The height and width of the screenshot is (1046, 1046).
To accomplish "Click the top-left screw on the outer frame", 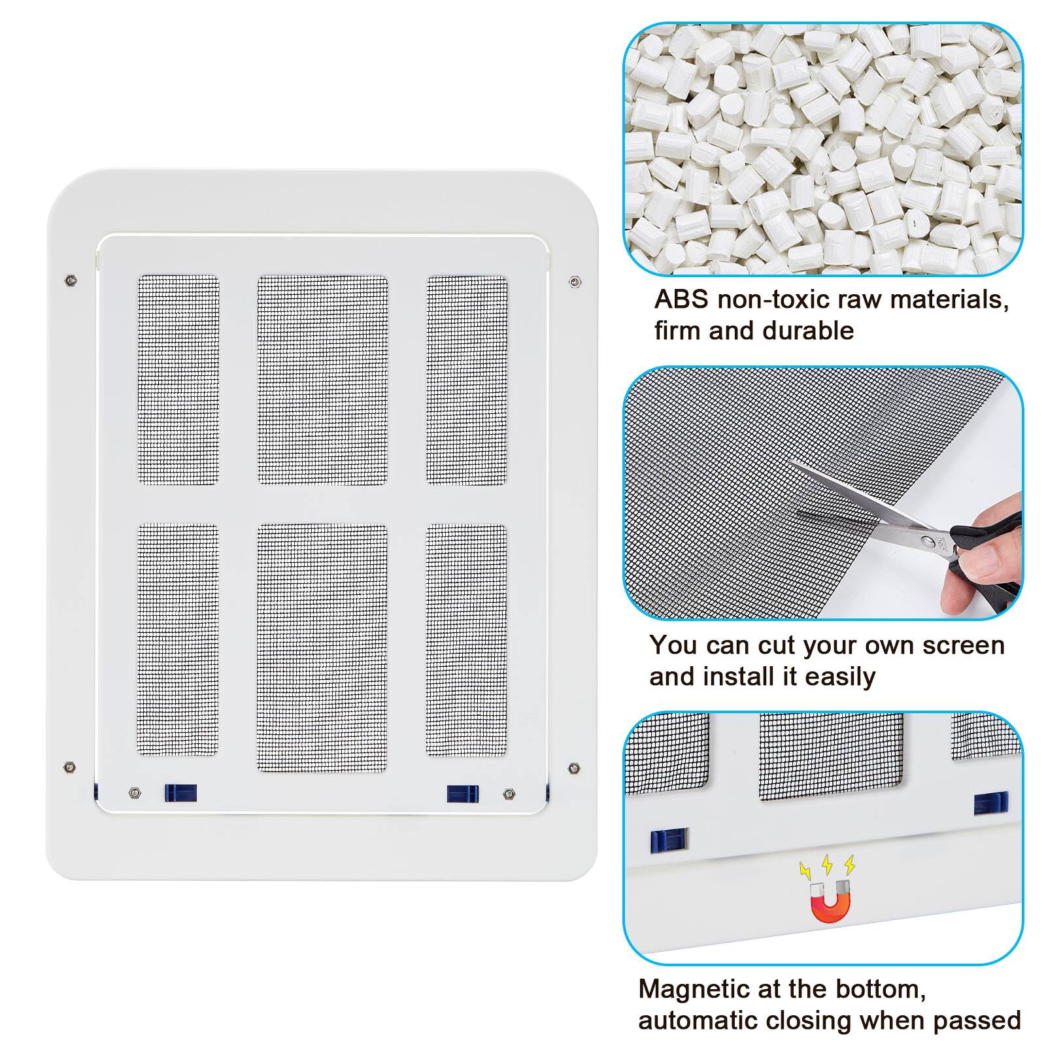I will (x=70, y=281).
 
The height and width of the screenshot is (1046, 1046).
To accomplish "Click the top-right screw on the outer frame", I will (x=574, y=282).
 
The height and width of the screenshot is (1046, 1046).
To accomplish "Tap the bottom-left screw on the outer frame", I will (x=69, y=767).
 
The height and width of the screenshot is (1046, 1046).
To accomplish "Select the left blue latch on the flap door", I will (x=180, y=793).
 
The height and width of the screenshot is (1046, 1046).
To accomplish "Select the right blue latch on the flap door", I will (x=463, y=794).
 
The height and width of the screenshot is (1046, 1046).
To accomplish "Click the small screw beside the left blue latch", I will (x=134, y=793).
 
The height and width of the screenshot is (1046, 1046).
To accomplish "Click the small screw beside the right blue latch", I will (x=509, y=794).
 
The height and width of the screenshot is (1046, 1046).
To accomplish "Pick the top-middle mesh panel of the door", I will (x=322, y=380).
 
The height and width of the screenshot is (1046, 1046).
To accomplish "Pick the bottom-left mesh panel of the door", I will (x=178, y=639).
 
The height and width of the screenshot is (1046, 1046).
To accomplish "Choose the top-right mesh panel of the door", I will (x=467, y=380).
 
